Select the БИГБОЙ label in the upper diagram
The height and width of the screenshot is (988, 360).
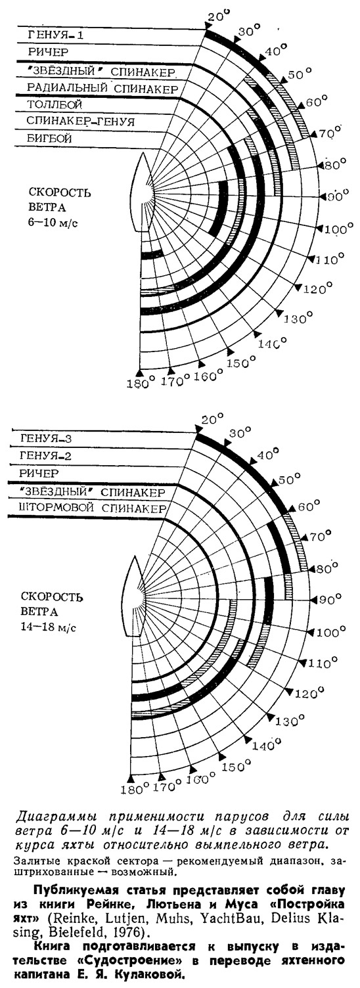point(49,139)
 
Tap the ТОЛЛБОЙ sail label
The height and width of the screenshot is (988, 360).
point(55,104)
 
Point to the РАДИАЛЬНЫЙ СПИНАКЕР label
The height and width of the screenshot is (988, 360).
point(102,88)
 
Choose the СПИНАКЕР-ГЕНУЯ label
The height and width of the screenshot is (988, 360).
point(81,121)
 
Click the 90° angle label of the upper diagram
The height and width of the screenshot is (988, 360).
point(337,196)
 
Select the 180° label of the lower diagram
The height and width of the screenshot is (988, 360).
point(133,790)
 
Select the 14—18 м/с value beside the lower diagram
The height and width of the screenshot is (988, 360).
point(49,627)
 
